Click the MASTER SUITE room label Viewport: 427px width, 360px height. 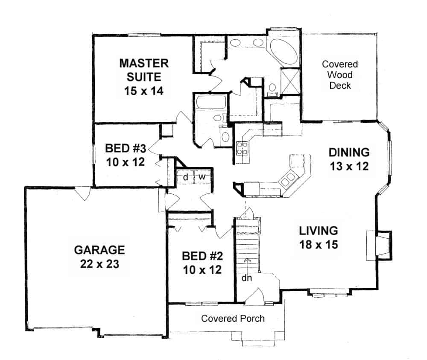pyautogui.click(x=144, y=70)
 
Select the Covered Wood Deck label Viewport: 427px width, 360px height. pyautogui.click(x=340, y=75)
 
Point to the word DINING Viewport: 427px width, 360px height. pyautogui.click(x=349, y=152)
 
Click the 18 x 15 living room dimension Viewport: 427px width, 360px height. pyautogui.click(x=318, y=245)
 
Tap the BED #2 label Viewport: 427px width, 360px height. pyautogui.click(x=203, y=256)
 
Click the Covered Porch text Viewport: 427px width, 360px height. pyautogui.click(x=233, y=319)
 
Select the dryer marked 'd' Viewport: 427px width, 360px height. pyautogui.click(x=186, y=177)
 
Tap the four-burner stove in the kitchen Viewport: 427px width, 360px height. pyautogui.click(x=243, y=147)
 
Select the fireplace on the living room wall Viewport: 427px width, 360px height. pyautogui.click(x=379, y=245)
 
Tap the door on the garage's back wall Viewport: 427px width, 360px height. pyautogui.click(x=82, y=193)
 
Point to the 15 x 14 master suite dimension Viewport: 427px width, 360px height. pyautogui.click(x=144, y=91)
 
